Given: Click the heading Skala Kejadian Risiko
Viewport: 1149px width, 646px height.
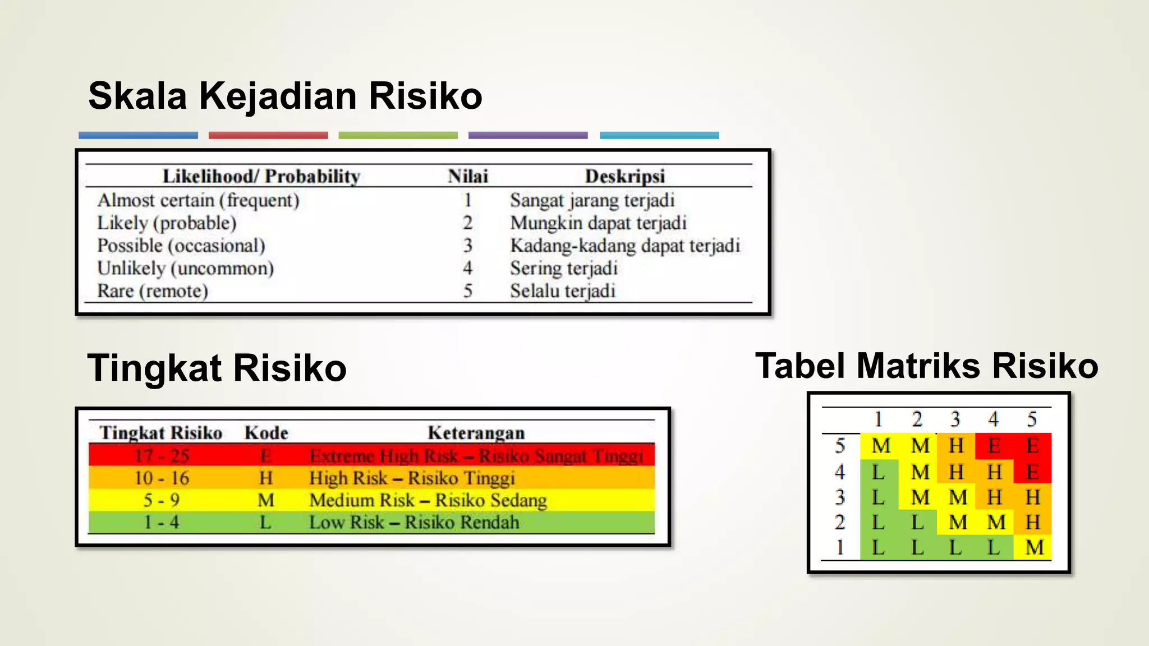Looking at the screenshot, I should point(285,96).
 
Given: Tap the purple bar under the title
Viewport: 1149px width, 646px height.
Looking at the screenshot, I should point(528,135).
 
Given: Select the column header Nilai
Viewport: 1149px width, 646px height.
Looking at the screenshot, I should point(468,176).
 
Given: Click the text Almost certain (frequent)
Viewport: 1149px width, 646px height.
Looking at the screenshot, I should point(198,200).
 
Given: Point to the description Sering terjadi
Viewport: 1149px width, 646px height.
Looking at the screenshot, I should point(563,268).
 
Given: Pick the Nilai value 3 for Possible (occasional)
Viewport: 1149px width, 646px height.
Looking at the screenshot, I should point(467,246).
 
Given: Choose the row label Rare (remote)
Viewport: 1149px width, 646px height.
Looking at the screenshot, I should point(153,291).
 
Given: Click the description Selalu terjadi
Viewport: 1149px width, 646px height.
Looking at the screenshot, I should point(562,291).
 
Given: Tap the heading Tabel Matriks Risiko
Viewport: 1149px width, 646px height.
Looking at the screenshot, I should point(926,366).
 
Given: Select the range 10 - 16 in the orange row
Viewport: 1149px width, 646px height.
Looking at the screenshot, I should point(162,478).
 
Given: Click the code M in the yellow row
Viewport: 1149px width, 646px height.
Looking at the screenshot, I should point(265,500).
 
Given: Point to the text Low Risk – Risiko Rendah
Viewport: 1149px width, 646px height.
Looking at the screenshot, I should point(414,522).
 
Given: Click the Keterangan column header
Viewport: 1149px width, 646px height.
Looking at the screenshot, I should point(476,432).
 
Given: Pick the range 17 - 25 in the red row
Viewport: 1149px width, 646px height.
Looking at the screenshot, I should point(162,455).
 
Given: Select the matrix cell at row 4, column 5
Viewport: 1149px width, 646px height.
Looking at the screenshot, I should point(1032,472).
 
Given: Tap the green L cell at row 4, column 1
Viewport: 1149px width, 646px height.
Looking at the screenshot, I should point(879,472).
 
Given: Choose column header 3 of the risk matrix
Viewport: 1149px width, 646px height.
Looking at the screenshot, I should point(955,419).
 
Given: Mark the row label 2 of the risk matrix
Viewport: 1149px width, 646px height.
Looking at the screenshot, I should point(840,522).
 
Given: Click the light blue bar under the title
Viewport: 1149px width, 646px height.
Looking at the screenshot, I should point(659,135).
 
